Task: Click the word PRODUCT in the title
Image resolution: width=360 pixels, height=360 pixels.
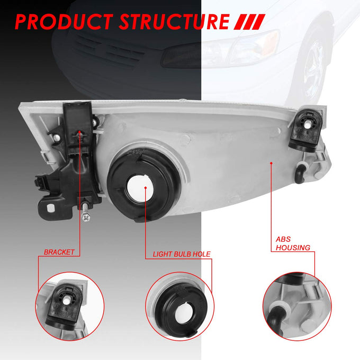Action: [64, 22]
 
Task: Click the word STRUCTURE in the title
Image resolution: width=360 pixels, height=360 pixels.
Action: [174, 22]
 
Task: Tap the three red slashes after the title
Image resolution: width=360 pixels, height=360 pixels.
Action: [249, 22]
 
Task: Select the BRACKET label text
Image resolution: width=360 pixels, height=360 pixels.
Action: [59, 252]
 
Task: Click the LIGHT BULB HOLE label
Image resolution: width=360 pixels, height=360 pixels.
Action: [182, 254]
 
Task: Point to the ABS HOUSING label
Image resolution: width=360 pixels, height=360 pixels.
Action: [293, 244]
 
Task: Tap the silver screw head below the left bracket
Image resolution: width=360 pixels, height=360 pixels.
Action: [86, 217]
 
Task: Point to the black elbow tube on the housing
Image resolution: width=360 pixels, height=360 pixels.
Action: [300, 173]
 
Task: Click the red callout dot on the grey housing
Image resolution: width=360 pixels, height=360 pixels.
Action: [271, 163]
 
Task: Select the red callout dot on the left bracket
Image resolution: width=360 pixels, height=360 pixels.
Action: [79, 131]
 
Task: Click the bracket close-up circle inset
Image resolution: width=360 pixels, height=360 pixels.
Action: [69, 307]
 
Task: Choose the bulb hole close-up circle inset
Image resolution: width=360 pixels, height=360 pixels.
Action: [180, 307]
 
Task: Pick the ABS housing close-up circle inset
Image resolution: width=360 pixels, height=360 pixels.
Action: [297, 307]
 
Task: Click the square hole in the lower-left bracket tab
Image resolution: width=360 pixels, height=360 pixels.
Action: [50, 208]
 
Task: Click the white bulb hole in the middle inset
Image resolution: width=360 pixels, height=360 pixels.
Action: [184, 313]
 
